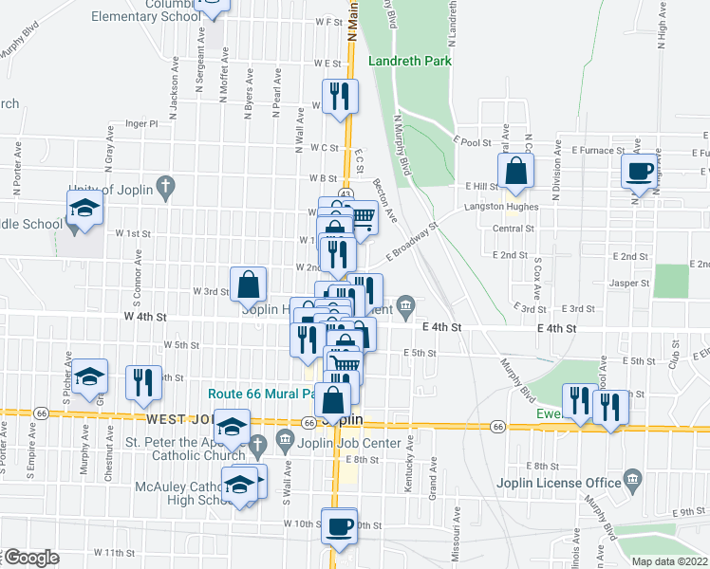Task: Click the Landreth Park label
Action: coord(409,61)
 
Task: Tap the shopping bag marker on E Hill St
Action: coord(515,173)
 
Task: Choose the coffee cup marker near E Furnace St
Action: coord(640,172)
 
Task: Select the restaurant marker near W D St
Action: coord(338,97)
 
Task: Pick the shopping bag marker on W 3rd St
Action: coord(248,284)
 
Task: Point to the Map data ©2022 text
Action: coord(669,561)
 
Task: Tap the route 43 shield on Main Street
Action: coord(346,193)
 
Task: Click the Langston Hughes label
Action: coord(501,207)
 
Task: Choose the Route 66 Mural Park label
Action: coord(261,393)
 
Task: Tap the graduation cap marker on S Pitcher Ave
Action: coord(89,378)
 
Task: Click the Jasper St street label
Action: coord(630,283)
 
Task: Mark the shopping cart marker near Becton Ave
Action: coord(363,218)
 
